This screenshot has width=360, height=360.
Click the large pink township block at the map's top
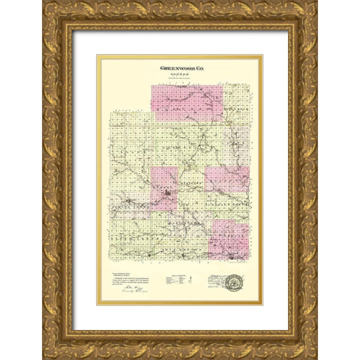point(187,103)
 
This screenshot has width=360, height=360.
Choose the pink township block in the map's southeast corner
point(229,240)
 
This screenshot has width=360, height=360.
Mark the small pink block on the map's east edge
point(237,178)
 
